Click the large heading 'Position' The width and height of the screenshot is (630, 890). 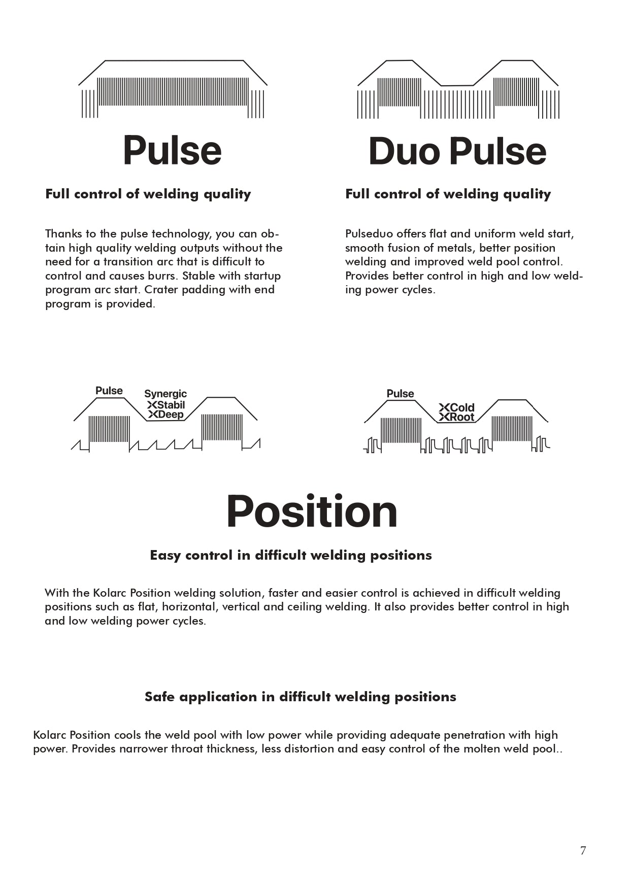click(x=312, y=511)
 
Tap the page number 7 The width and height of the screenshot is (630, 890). click(x=583, y=850)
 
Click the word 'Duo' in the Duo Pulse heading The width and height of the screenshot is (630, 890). click(x=404, y=151)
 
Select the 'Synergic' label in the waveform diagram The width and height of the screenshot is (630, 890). click(x=165, y=394)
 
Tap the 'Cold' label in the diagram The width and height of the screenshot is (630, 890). click(x=461, y=407)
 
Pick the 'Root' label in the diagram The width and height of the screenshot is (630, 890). click(x=461, y=417)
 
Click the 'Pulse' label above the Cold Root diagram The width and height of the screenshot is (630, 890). click(x=400, y=394)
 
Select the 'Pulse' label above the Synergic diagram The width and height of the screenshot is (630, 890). click(x=109, y=391)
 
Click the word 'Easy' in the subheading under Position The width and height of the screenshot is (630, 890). click(x=165, y=555)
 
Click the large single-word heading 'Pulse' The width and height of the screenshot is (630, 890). click(x=172, y=151)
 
